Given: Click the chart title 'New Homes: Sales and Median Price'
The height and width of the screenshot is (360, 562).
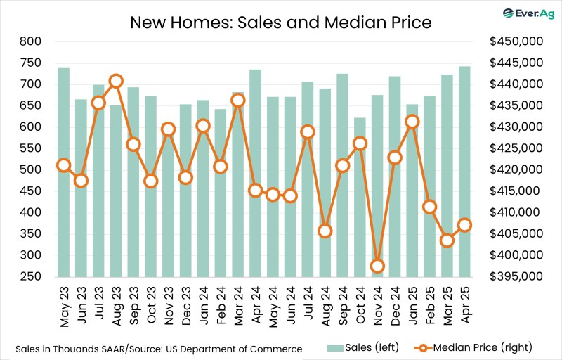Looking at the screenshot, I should coord(281,22).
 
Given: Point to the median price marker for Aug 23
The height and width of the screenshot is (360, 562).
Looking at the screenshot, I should coord(116,81).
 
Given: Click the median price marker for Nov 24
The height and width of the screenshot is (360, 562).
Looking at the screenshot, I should coord(377,266).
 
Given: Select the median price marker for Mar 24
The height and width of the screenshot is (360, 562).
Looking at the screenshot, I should coord(238,100).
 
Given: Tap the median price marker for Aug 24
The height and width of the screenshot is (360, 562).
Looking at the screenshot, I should coord(325,231).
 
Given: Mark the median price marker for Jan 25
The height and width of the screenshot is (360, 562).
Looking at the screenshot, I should coord(412,122).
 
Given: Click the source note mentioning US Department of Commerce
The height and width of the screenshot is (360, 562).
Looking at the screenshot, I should coord(159,349).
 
